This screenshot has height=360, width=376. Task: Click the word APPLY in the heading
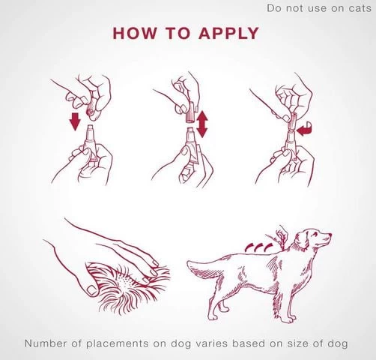[x=228, y=33]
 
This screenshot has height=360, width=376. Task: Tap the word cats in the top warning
[x=360, y=8]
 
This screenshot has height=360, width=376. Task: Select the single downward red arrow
[x=75, y=121]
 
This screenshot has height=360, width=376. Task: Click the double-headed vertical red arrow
[x=201, y=124]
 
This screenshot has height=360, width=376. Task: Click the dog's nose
[x=330, y=235]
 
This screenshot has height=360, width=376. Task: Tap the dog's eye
[x=315, y=233]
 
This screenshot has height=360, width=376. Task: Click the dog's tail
[x=204, y=266]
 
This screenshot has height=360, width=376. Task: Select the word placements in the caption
[x=118, y=343]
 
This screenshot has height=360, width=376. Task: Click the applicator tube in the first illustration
[x=91, y=142]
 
